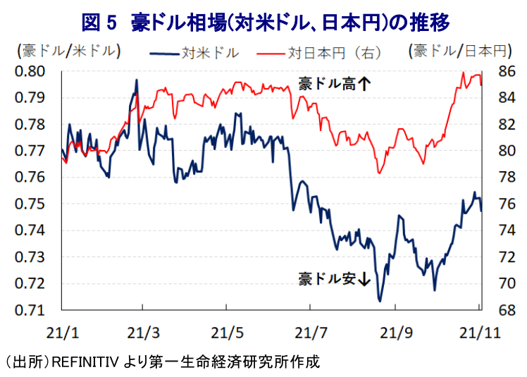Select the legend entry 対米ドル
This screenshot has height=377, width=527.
pyautogui.click(x=194, y=53)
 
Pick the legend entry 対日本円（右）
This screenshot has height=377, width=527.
pyautogui.click(x=319, y=53)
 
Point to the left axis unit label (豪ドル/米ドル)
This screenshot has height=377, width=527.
pyautogui.click(x=69, y=51)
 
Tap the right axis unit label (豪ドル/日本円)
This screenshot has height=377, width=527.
pyautogui.click(x=461, y=51)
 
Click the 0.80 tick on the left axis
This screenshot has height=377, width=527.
pyautogui.click(x=30, y=71)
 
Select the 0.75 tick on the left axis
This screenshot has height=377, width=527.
pyautogui.click(x=30, y=204)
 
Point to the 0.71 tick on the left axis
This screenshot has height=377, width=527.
pyautogui.click(x=30, y=310)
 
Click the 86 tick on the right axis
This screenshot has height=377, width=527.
pyautogui.click(x=507, y=71)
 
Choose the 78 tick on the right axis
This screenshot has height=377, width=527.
pyautogui.click(x=507, y=178)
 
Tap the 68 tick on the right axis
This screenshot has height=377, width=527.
pyautogui.click(x=507, y=310)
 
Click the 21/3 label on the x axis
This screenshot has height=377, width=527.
pyautogui.click(x=143, y=333)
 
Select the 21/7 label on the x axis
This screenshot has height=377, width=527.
pyautogui.click(x=311, y=333)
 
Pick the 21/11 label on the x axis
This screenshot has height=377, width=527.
pyautogui.click(x=480, y=333)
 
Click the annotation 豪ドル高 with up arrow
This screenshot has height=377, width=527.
pyautogui.click(x=335, y=84)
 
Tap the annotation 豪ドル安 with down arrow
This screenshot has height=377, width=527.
pyautogui.click(x=335, y=278)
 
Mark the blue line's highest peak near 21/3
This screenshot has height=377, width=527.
pyautogui.click(x=137, y=80)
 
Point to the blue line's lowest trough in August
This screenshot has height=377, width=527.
pyautogui.click(x=380, y=301)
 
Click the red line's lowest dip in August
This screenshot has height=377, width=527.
pyautogui.click(x=380, y=173)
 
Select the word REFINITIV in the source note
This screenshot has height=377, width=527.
pyautogui.click(x=85, y=362)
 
